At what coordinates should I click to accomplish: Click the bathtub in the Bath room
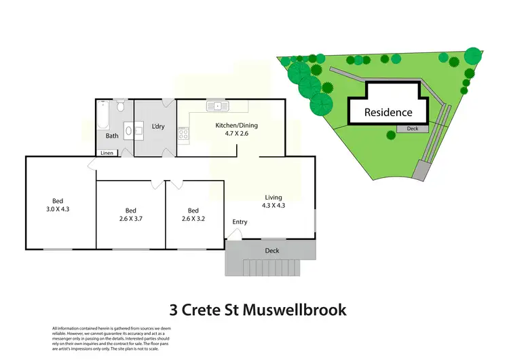pyautogui.click(x=102, y=116)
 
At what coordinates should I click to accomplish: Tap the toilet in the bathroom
pyautogui.click(x=120, y=107)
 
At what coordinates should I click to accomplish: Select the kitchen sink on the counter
pyautogui.click(x=219, y=105)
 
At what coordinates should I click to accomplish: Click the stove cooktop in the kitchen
pyautogui.click(x=182, y=134)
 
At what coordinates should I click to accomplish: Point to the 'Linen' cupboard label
pyautogui.click(x=107, y=153)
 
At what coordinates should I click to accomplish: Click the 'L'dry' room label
pyautogui.click(x=158, y=126)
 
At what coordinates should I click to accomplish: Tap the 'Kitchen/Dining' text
pyautogui.click(x=236, y=126)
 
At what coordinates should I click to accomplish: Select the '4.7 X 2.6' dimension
pyautogui.click(x=236, y=134)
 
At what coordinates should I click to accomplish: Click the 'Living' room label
pyautogui.click(x=273, y=198)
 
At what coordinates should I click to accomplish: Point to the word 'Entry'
pyautogui.click(x=240, y=222)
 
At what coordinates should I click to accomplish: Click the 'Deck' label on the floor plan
pyautogui.click(x=271, y=251)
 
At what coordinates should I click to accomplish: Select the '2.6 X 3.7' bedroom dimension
pyautogui.click(x=132, y=219)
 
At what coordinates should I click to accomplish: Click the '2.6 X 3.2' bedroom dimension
pyautogui.click(x=193, y=219)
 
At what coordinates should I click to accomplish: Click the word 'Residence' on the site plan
pyautogui.click(x=388, y=112)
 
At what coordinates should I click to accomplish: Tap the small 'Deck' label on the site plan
pyautogui.click(x=412, y=128)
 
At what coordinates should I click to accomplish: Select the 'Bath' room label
pyautogui.click(x=112, y=136)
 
